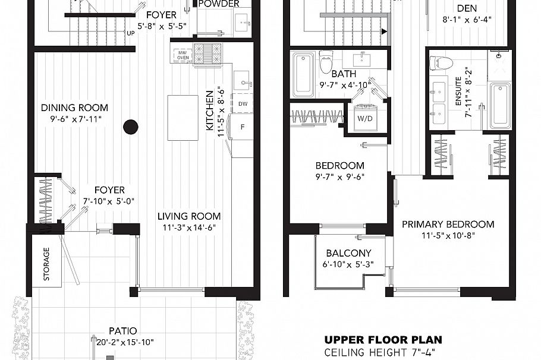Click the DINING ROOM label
click(x=74, y=108)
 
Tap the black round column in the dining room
click(x=131, y=126)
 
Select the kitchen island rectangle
click(x=183, y=117)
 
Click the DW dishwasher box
click(x=243, y=103)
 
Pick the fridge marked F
click(x=243, y=127)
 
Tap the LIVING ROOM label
click(x=188, y=216)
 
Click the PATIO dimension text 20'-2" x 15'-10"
click(x=122, y=342)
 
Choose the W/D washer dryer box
click(x=363, y=118)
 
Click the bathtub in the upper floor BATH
click(x=303, y=74)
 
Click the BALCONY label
click(x=348, y=253)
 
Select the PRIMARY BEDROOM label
click(x=448, y=224)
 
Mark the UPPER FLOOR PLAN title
click(x=383, y=340)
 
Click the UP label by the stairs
click(x=130, y=33)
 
